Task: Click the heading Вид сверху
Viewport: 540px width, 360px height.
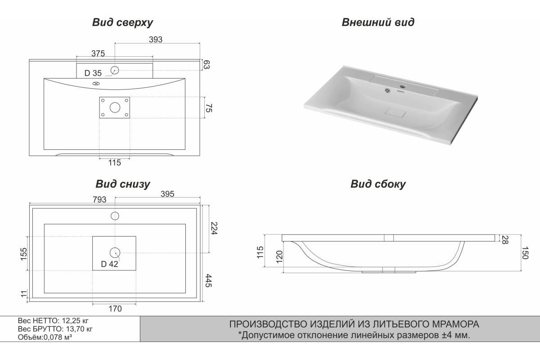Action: tap(122, 22)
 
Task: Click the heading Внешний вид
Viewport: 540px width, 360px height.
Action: tap(378, 22)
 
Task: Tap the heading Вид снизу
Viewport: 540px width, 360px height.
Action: tap(123, 184)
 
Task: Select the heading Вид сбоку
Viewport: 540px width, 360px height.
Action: tap(378, 184)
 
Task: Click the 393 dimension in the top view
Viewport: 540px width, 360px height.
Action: tap(156, 39)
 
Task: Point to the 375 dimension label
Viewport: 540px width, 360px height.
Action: tap(98, 53)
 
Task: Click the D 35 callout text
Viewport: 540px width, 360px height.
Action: tap(93, 73)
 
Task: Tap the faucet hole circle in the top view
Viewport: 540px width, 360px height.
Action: tap(115, 70)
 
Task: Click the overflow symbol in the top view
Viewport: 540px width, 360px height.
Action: tap(96, 84)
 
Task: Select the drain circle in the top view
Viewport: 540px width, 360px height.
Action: tap(115, 108)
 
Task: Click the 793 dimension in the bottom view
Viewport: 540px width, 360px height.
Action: tap(99, 199)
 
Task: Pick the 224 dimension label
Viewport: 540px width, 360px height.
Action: tap(214, 228)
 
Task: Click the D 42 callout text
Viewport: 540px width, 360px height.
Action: tap(109, 264)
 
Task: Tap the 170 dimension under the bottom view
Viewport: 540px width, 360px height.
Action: tap(115, 309)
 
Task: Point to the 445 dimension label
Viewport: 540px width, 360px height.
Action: tap(208, 281)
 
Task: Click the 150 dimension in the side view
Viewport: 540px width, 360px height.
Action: tap(525, 253)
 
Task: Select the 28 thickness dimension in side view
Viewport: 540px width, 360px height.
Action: tap(505, 240)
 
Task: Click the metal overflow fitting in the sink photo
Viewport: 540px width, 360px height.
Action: tap(387, 90)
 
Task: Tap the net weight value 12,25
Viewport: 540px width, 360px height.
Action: tap(72, 321)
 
